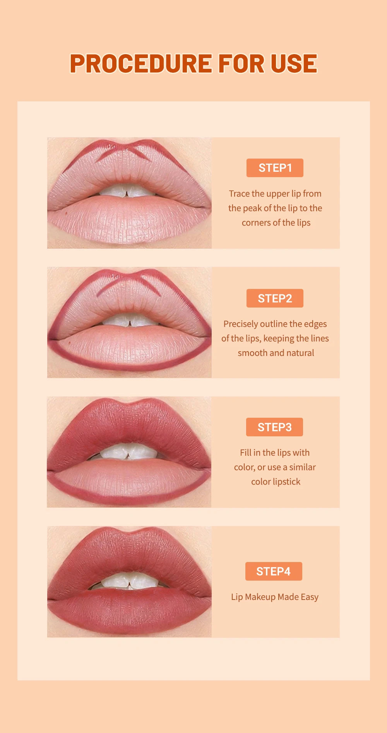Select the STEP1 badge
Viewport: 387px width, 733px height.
tap(275, 168)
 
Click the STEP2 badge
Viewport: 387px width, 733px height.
tap(275, 298)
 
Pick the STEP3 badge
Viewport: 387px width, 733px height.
tap(274, 427)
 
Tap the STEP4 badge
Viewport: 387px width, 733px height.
tap(274, 571)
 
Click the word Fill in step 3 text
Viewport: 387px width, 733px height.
tap(245, 453)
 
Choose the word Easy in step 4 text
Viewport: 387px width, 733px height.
tap(310, 597)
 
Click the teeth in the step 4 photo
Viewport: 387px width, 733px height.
tap(128, 580)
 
